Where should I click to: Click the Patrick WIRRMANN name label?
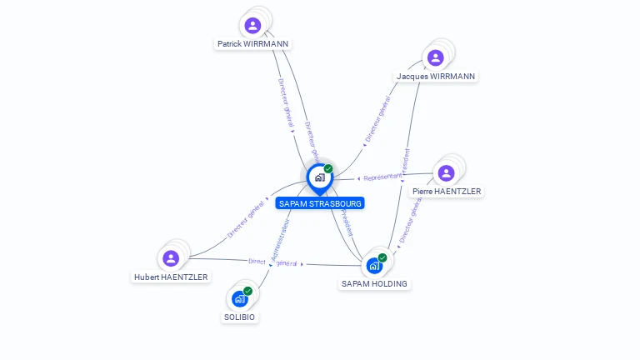(x=253, y=44)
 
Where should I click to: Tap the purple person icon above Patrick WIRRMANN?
(x=253, y=26)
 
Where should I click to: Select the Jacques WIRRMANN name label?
(x=436, y=76)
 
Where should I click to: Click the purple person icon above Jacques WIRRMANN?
(x=435, y=57)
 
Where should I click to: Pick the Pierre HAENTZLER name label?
(x=447, y=191)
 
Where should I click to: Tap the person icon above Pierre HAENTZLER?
(x=446, y=173)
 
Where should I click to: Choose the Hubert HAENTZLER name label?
(x=172, y=277)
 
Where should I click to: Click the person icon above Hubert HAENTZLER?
(x=171, y=258)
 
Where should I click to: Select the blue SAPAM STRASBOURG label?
(x=320, y=203)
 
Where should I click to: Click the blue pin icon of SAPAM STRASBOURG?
(x=319, y=177)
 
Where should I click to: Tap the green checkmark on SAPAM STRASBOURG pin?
(x=328, y=169)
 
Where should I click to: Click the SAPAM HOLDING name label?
(x=374, y=283)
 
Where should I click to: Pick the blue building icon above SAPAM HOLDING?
(x=374, y=266)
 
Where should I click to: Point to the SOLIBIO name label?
(x=240, y=317)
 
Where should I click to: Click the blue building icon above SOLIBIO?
(x=240, y=298)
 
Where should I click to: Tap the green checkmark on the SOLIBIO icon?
(x=247, y=291)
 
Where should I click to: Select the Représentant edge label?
(x=382, y=177)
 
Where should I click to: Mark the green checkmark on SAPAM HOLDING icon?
(x=382, y=257)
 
